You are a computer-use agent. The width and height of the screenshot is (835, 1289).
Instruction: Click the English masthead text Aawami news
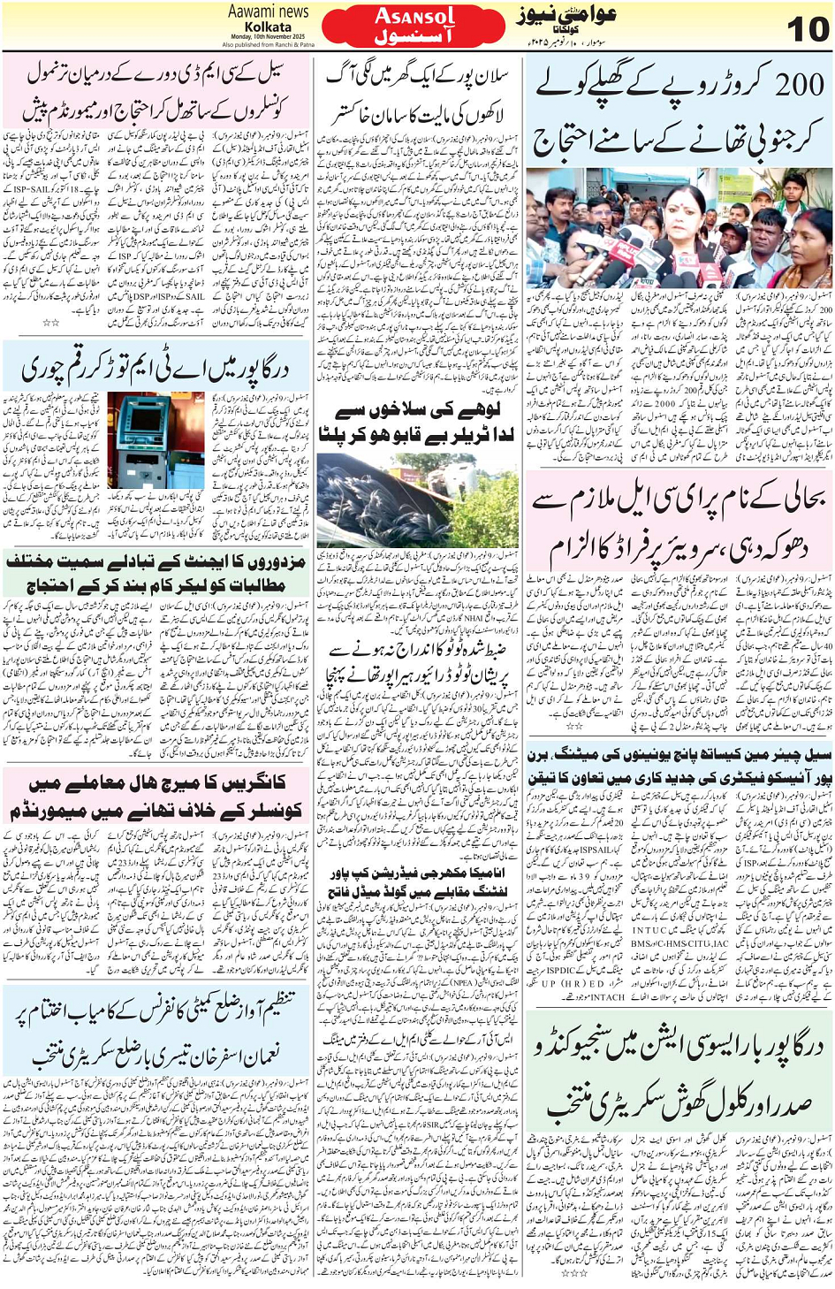pos(268,11)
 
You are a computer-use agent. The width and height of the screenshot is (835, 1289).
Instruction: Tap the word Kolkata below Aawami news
pos(268,27)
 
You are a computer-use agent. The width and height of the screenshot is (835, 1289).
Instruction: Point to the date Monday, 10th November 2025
pos(268,36)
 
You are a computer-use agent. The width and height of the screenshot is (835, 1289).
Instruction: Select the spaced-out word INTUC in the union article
pos(649,929)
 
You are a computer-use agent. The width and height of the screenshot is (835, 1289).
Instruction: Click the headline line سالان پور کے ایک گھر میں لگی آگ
pos(417,78)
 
